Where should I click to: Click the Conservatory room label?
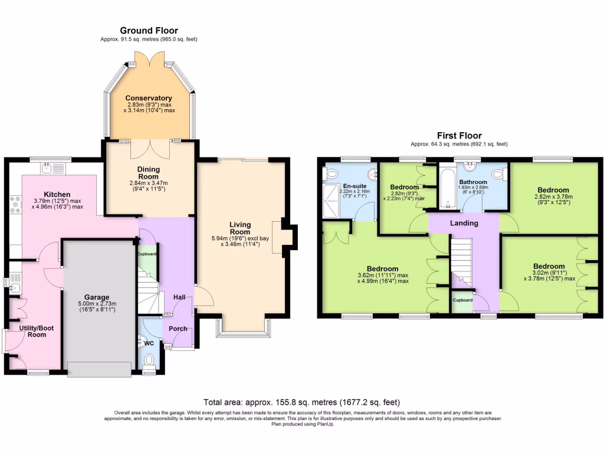point(149,98)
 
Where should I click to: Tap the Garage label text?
point(96,297)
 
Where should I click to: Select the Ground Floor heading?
point(149,31)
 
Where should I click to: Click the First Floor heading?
point(459,136)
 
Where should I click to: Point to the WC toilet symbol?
point(149,360)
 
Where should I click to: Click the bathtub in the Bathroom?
point(447,188)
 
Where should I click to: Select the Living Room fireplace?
point(278,238)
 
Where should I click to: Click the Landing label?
point(464,223)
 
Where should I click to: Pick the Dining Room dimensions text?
point(149,186)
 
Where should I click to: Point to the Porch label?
point(178,329)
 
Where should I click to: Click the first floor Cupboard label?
point(462,300)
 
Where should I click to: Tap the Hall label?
point(180,297)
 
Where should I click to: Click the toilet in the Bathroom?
point(498,173)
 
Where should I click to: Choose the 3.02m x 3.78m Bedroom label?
point(549,267)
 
